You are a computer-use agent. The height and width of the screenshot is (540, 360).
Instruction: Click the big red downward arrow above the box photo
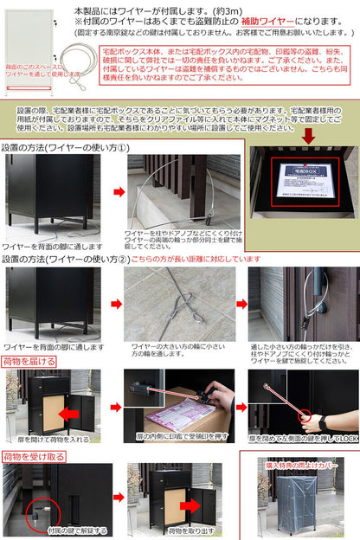click(308, 135)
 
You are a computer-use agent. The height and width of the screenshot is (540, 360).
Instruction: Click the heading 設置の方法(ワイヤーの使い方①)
click(65, 147)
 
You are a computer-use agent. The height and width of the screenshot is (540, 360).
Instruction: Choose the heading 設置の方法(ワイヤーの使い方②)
click(65, 258)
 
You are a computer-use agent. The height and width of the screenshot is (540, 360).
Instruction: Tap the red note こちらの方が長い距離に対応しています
click(196, 258)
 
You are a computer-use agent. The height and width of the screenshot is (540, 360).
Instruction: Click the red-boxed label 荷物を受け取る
click(32, 455)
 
